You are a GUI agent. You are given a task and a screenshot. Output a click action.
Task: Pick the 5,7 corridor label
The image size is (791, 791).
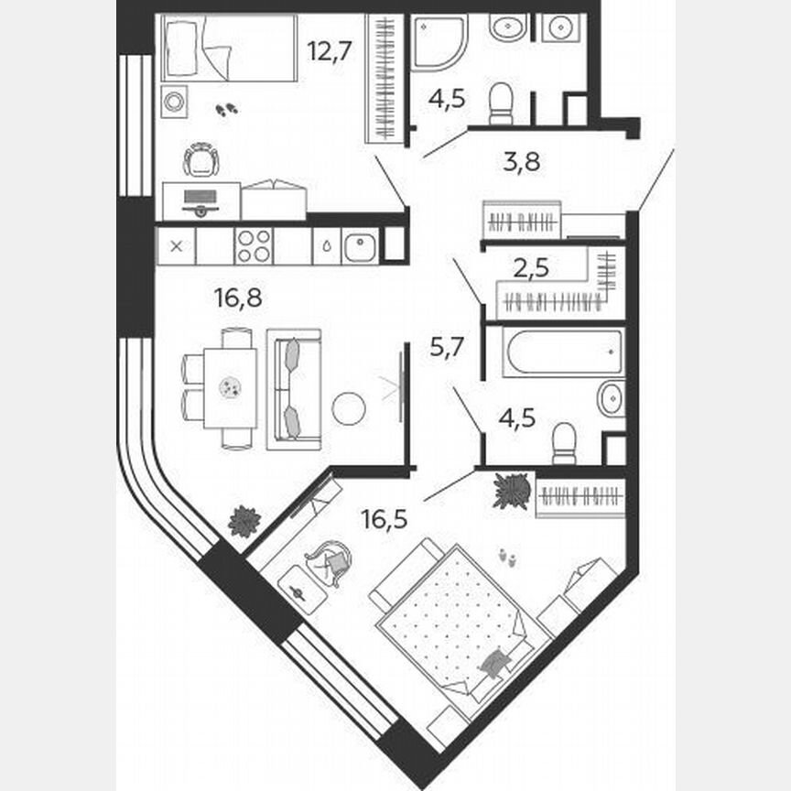[x=449, y=346]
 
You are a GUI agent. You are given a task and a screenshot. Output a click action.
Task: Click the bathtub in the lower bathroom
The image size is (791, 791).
[x=563, y=352]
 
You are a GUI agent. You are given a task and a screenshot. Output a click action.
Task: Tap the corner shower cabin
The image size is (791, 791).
[x=436, y=41]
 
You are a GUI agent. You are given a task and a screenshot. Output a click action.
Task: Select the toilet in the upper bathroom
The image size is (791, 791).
[x=501, y=103]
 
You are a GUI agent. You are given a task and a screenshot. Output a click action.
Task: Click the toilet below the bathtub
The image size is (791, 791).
[x=564, y=442]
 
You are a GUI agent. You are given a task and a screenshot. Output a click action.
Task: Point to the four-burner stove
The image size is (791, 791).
[x=254, y=246]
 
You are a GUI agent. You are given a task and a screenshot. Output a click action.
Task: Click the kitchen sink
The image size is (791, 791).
[x=360, y=246]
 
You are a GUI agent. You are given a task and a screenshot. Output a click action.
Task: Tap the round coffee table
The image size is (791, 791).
[x=349, y=407]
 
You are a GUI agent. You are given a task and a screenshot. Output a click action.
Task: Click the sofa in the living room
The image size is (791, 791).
[x=294, y=389]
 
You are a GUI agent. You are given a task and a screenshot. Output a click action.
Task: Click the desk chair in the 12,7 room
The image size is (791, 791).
[x=201, y=161]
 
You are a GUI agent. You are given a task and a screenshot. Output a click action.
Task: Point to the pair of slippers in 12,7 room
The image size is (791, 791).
[x=225, y=110]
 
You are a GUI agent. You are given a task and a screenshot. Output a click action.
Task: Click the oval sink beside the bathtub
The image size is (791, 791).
[x=610, y=398]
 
